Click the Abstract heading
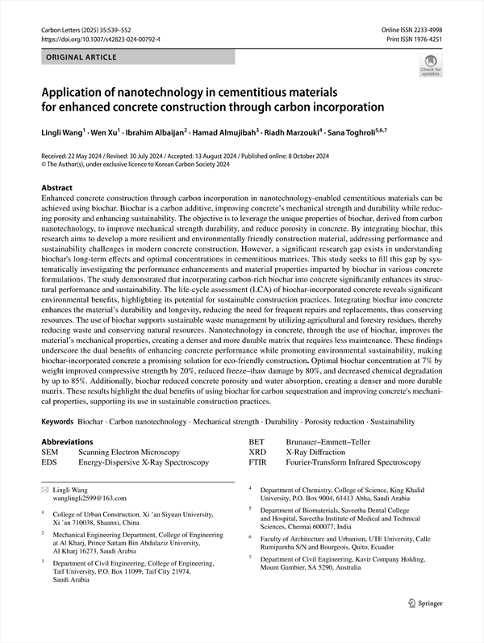(61, 186)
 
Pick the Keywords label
(57, 422)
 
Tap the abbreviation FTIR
(257, 463)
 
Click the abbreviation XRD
(257, 453)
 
